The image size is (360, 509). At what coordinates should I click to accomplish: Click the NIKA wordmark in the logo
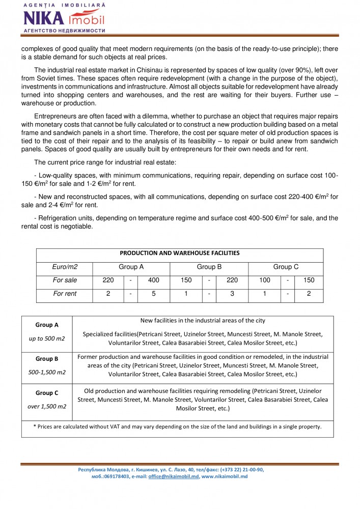[44, 18]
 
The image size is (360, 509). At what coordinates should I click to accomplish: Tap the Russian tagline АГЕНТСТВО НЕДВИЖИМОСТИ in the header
[64, 31]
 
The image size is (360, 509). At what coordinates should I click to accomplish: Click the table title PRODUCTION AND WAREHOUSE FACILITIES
[179, 253]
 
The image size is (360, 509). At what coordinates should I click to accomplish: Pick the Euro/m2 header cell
[65, 267]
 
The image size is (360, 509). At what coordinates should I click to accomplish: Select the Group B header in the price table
[209, 267]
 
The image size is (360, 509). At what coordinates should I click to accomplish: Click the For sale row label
[65, 280]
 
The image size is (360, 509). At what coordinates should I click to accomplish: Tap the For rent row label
[65, 294]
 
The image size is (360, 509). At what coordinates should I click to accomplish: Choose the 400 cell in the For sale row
[153, 280]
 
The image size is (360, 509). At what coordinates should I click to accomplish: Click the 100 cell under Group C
[265, 280]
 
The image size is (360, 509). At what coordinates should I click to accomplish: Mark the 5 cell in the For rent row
[153, 294]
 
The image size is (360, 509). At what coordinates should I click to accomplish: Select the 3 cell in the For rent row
[232, 294]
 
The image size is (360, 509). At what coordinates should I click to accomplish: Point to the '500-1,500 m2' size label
[47, 372]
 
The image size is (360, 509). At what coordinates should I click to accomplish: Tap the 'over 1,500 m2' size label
[47, 406]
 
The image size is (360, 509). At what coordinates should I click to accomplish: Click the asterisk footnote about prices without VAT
[177, 427]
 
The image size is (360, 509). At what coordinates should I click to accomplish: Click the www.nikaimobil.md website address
[225, 476]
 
